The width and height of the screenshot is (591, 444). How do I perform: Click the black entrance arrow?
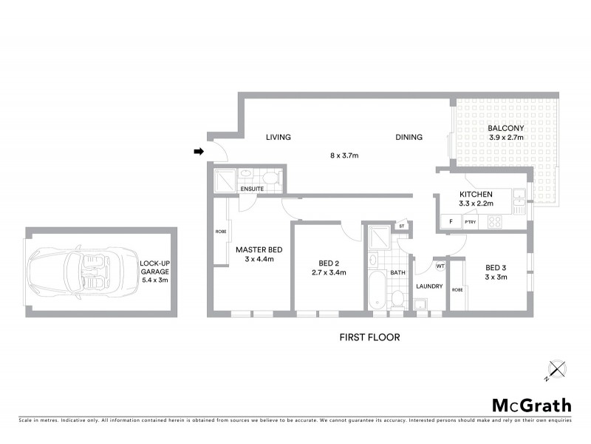click(x=199, y=152)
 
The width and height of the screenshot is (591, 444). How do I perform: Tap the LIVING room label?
click(x=279, y=137)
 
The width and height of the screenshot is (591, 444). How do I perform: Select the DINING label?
click(x=409, y=137)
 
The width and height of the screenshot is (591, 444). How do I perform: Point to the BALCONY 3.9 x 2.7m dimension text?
click(x=506, y=137)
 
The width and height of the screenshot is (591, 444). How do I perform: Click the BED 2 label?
click(x=329, y=263)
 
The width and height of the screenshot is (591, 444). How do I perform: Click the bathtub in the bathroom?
click(x=374, y=291)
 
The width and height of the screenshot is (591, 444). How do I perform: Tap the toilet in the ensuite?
click(x=271, y=178)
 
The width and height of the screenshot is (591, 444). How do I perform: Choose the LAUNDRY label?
click(x=429, y=286)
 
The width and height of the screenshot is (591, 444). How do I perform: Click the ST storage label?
click(x=402, y=226)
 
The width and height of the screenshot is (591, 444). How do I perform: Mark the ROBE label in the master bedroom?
click(x=221, y=232)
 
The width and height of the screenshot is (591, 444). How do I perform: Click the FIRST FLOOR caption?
click(x=369, y=337)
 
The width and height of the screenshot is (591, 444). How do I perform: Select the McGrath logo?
click(x=532, y=405)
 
